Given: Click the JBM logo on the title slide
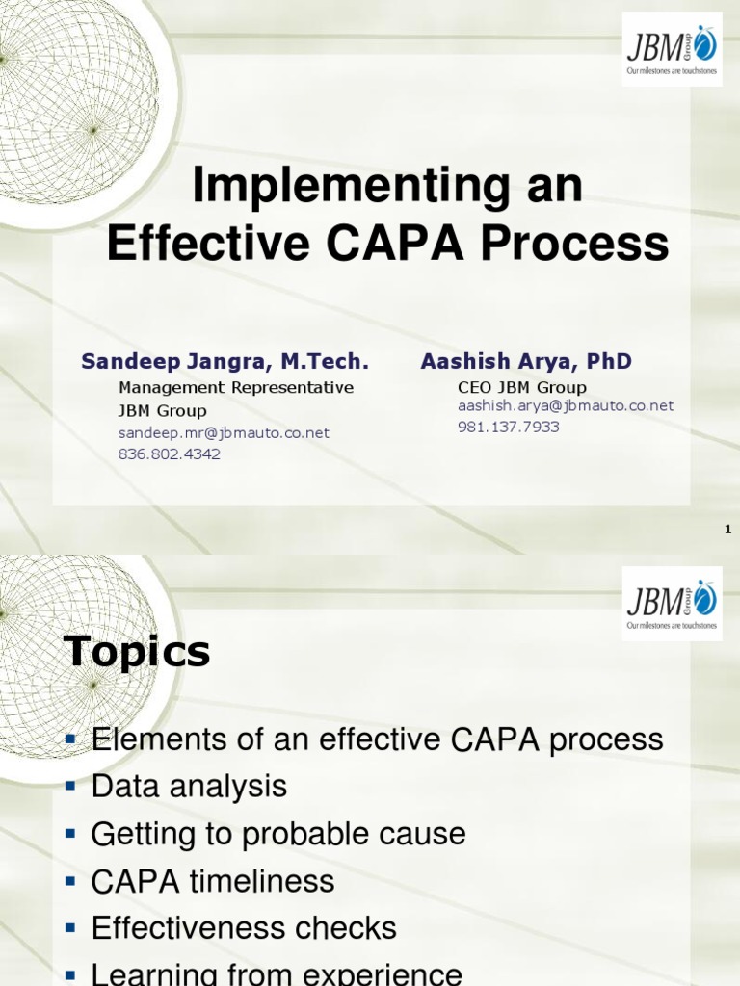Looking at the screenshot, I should tap(672, 49).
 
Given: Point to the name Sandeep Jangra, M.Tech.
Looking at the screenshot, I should tap(225, 361).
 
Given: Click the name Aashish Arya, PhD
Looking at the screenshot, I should tap(526, 361).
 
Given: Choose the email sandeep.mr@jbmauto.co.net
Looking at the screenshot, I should tap(224, 433).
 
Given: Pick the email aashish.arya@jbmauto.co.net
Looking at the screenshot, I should tap(566, 405).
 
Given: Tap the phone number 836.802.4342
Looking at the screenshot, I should tap(169, 454).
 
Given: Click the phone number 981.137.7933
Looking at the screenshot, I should tap(508, 427).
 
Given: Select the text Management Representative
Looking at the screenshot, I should tap(236, 387).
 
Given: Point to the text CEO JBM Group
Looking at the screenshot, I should tap(521, 387).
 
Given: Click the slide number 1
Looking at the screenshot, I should tap(727, 530).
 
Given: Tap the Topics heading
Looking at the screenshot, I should tap(137, 652).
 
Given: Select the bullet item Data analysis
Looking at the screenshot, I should tap(189, 787).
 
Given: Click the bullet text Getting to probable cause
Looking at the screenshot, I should tap(278, 834).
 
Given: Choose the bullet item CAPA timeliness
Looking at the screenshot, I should tap(213, 881).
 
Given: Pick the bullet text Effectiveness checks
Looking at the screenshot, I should tap(244, 928).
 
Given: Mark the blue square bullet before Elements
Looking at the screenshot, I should tap(69, 739).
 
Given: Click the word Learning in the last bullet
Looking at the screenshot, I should tap(155, 973).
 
